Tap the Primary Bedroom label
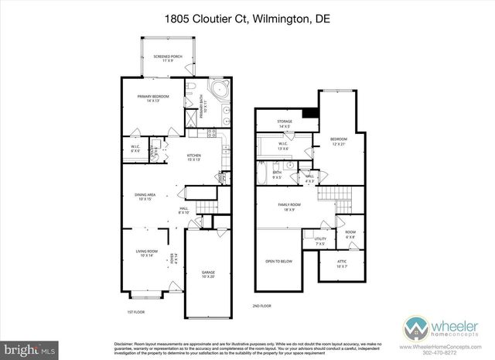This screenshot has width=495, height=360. click(152, 98)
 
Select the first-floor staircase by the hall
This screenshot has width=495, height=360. click(205, 207)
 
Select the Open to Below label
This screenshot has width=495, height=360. click(278, 261)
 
